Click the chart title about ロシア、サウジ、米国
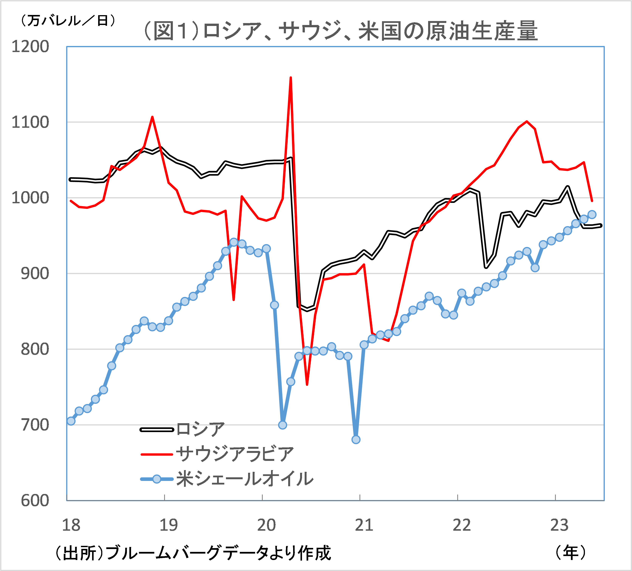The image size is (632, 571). tap(340, 31)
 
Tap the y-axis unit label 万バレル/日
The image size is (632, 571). tap(68, 21)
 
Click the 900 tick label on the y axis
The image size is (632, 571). tap(35, 274)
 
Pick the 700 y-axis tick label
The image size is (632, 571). tap(35, 425)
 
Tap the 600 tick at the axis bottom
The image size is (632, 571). tap(35, 501)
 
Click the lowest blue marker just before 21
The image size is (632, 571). tap(356, 439)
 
